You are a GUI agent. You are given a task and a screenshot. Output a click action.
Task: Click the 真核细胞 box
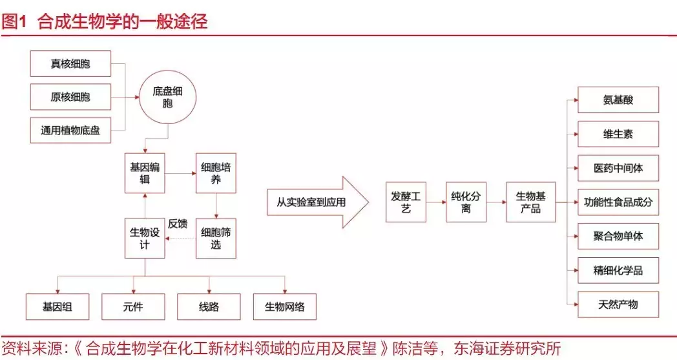pos(70,64)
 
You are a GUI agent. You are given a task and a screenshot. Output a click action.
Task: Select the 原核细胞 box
pos(70,97)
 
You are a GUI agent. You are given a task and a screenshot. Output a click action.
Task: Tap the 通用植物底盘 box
pos(70,130)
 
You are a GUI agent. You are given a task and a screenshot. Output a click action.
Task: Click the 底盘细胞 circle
pos(168,98)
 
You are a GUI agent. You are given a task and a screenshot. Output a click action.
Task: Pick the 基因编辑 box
pos(145,173)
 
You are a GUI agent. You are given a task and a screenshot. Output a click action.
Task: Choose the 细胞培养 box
pos(216,173)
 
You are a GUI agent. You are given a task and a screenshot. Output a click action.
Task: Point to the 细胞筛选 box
pos(216,238)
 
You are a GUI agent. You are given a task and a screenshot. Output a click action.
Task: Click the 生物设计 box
pos(145,238)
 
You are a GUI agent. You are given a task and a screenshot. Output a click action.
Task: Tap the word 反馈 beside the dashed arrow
pos(178,224)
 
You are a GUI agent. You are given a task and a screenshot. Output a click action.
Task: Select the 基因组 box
pos(57,307)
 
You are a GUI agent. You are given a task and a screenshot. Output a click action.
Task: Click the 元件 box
pos(133,307)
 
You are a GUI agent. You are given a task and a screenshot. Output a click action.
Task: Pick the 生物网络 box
pos(285,307)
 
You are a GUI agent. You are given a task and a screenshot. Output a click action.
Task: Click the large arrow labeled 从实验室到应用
pos(317,202)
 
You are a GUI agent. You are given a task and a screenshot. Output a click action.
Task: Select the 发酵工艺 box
pos(406,202)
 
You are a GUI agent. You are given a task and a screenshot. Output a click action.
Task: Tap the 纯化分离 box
pos(466,202)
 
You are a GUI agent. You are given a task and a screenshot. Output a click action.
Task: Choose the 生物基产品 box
pos(530,202)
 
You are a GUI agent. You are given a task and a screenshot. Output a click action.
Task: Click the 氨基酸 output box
pos(618,100)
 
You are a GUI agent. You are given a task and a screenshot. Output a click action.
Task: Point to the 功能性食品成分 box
pos(618,202)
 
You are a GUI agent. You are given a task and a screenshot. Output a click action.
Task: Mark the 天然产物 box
pos(618,304)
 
